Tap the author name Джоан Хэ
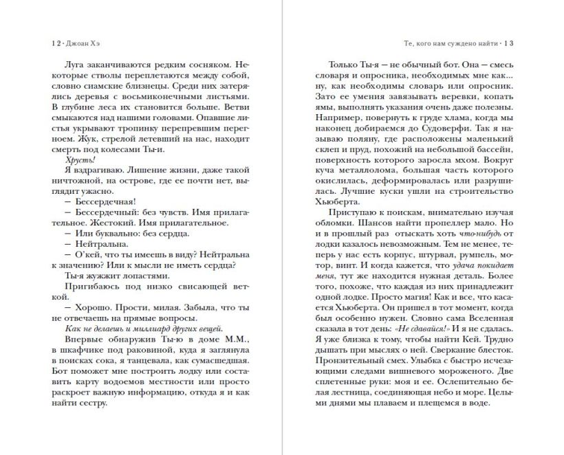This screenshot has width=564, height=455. (x=78, y=43)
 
